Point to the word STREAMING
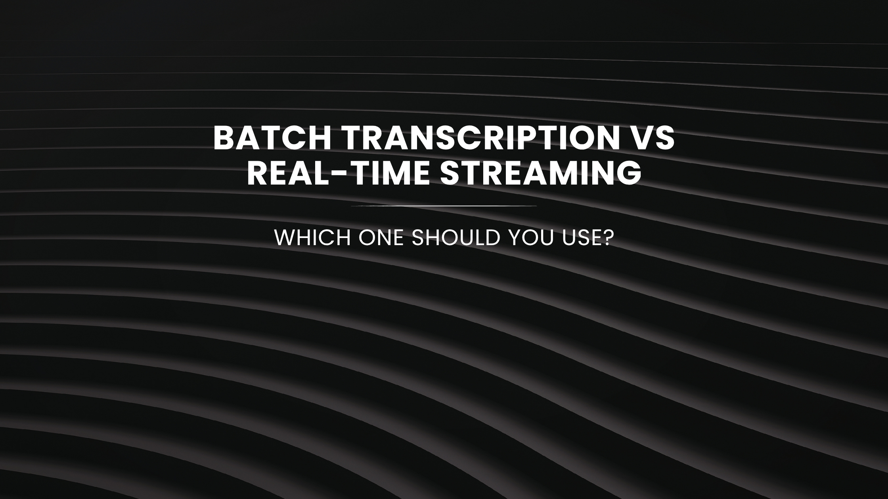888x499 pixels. pyautogui.click(x=540, y=173)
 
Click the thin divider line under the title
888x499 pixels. pyautogui.click(x=444, y=206)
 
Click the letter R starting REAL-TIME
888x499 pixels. pyautogui.click(x=258, y=173)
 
